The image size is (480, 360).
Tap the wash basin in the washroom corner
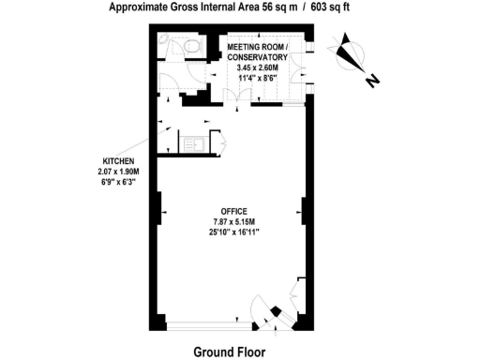(x=164, y=40)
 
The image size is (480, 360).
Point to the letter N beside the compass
(x=372, y=82)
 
